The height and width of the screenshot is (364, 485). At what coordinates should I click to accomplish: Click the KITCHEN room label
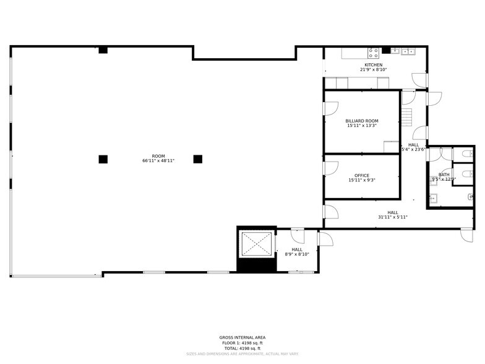click(373, 65)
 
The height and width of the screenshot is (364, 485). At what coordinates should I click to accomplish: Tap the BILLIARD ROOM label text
click(362, 121)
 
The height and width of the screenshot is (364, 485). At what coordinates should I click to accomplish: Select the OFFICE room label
click(362, 175)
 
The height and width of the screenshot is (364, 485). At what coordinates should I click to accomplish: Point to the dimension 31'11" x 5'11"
click(392, 217)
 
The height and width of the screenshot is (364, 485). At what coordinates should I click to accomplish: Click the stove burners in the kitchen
click(373, 52)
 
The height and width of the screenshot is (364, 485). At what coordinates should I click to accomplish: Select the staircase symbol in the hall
click(406, 116)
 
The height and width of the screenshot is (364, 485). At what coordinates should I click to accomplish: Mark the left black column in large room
click(103, 159)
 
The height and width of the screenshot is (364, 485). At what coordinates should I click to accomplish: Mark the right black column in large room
click(198, 159)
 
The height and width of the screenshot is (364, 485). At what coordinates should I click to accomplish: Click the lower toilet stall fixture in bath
click(466, 174)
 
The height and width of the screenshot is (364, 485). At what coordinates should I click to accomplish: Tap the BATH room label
click(444, 175)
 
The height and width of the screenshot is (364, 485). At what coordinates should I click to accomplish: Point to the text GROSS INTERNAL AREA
click(242, 337)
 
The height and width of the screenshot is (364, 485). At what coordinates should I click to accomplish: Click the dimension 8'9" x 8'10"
click(297, 254)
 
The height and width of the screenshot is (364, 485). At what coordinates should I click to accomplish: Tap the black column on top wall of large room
click(103, 50)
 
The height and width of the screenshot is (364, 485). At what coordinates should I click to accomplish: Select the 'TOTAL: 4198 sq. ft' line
click(242, 349)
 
